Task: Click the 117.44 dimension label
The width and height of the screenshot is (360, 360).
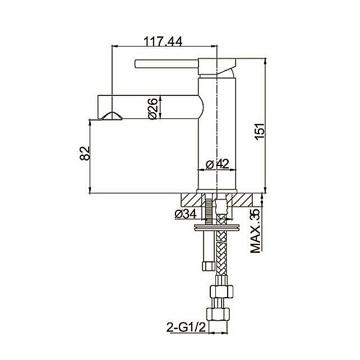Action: coord(163,41)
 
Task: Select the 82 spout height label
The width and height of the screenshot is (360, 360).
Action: coord(85,153)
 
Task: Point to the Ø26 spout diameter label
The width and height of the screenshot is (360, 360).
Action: coord(153,109)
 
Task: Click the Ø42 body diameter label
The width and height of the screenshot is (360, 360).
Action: coord(217,164)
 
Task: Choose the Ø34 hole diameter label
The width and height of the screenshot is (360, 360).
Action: coord(186,214)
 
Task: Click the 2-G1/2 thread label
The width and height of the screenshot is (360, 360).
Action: coord(186,327)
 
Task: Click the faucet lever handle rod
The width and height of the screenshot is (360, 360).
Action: coord(167,63)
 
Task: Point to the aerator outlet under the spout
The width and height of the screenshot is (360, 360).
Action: coord(112,116)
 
